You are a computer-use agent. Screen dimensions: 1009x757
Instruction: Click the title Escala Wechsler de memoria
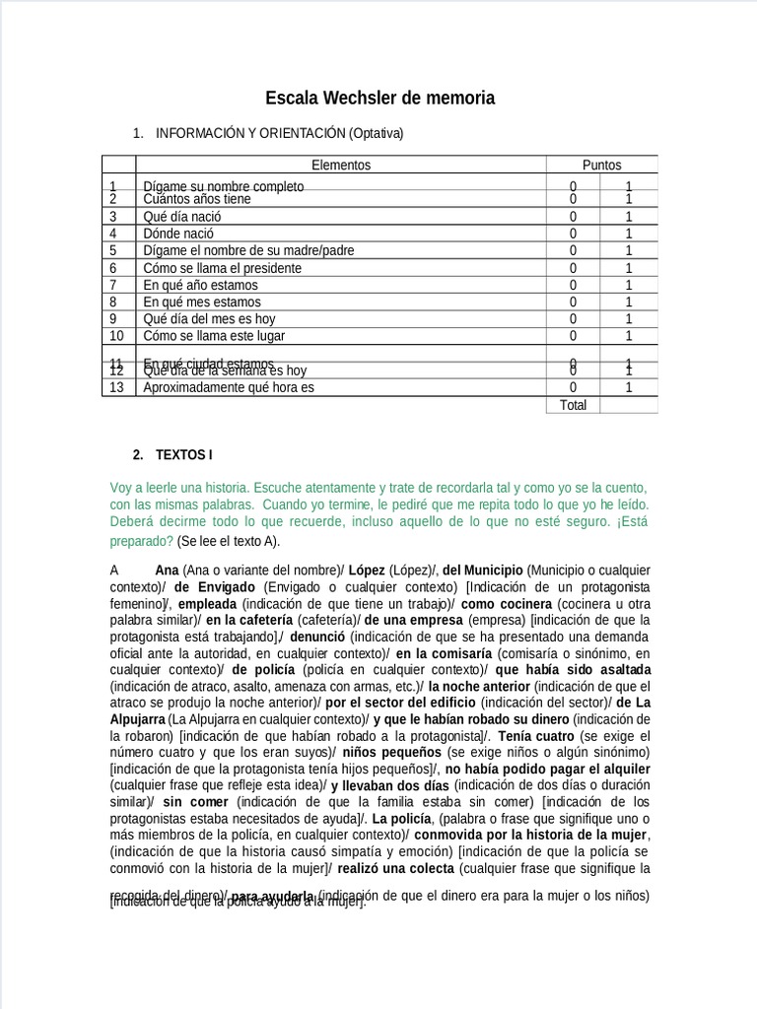pos(379,99)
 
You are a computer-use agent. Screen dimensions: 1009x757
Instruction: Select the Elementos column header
pos(341,166)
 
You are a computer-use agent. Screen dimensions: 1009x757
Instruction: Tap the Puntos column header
pos(601,166)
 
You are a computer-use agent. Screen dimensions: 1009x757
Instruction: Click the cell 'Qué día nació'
pos(182,216)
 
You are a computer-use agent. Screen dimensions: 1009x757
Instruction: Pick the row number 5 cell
pos(113,250)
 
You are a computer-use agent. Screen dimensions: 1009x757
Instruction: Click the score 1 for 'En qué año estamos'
pos(628,285)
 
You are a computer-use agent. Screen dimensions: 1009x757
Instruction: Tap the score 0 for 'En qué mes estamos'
pos(573,302)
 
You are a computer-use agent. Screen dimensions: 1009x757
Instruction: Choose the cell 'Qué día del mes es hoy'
pos(209,319)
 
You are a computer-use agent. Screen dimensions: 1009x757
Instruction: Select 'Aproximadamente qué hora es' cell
pos(229,387)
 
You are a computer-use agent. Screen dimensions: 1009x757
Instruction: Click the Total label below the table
pos(573,405)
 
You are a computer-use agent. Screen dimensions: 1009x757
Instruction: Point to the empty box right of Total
pos(628,405)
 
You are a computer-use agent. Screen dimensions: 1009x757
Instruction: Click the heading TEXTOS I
pos(183,455)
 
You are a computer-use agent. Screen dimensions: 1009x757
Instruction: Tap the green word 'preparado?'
pos(141,541)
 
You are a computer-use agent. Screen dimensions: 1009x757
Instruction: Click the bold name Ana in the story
pos(167,570)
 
